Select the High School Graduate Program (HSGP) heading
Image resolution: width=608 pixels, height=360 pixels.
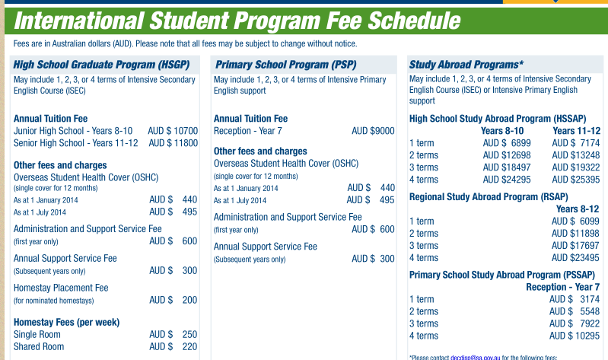(x=101, y=65)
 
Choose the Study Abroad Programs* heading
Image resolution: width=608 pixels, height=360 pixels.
(x=466, y=65)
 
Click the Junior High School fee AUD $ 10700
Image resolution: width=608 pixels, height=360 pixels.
(x=173, y=131)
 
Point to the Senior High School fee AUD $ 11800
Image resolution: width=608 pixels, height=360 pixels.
(x=173, y=143)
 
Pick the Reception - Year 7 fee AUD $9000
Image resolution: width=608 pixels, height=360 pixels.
(x=373, y=131)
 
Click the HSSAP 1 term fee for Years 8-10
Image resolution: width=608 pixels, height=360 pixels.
(x=507, y=143)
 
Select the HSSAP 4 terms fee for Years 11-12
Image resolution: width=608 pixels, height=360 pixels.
(x=575, y=180)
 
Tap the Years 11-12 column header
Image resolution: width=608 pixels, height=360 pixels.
(x=576, y=131)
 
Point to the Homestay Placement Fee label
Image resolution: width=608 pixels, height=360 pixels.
(x=61, y=288)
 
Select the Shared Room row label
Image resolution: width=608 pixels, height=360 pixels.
(x=39, y=347)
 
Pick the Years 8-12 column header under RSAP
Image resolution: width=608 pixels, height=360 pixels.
(x=578, y=209)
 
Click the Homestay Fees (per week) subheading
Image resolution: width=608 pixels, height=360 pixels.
(x=66, y=322)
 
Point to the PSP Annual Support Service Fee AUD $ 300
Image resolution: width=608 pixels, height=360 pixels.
(x=373, y=259)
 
